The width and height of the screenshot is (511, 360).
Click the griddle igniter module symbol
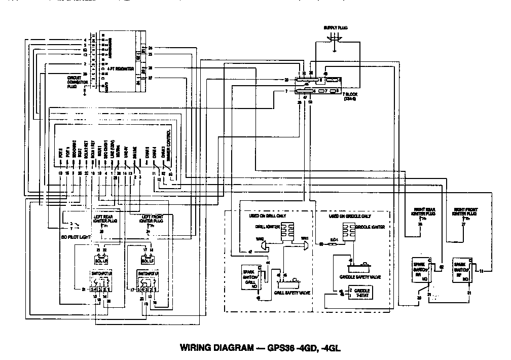348,231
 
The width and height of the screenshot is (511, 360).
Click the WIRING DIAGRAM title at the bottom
257,348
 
